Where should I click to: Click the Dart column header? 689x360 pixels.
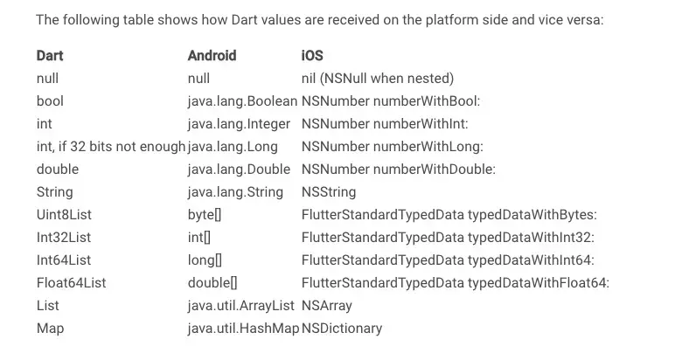coord(50,56)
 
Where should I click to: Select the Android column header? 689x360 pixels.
coord(212,56)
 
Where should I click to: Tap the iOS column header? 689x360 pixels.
coord(312,56)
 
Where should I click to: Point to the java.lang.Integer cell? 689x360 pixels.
coord(239,124)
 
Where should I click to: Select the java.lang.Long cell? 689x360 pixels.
coord(233,147)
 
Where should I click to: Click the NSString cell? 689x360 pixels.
coord(329,192)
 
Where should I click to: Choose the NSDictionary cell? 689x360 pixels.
coord(342,329)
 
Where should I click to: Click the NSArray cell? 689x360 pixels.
coord(327,306)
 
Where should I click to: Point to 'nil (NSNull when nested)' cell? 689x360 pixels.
coord(377,79)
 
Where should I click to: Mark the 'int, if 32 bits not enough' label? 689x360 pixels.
coord(110,147)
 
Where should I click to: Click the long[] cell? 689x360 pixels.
coord(205,260)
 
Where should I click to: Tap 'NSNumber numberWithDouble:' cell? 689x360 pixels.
coord(399,170)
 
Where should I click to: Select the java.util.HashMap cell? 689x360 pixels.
coord(243,329)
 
